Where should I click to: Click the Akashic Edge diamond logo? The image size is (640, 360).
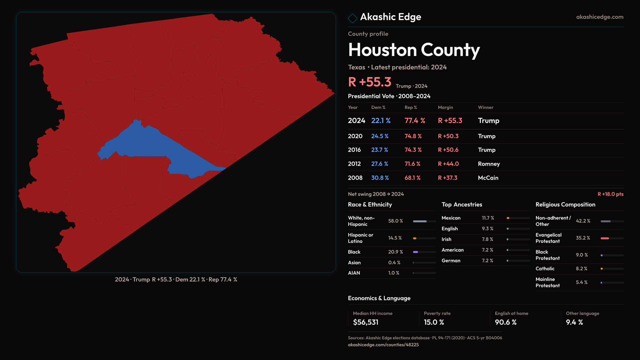(352, 18)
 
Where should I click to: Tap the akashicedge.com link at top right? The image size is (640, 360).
(600, 17)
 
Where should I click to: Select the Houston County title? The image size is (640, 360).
(414, 50)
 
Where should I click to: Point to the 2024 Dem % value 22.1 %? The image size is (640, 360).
(381, 121)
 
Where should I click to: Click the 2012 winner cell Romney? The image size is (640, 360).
(489, 164)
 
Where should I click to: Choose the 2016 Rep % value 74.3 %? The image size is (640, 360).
(413, 150)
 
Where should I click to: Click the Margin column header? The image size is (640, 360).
(445, 108)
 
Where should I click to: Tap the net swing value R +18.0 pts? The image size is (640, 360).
(610, 194)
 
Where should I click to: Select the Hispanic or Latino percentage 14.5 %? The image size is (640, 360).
(395, 238)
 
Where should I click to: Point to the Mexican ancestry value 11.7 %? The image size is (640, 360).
(488, 218)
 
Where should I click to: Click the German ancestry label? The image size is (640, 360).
(451, 261)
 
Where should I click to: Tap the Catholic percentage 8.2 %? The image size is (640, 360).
(582, 269)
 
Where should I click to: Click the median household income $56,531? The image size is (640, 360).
(366, 322)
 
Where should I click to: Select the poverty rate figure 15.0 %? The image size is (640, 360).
(434, 322)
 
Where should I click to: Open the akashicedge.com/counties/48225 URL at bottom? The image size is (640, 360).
(383, 345)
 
